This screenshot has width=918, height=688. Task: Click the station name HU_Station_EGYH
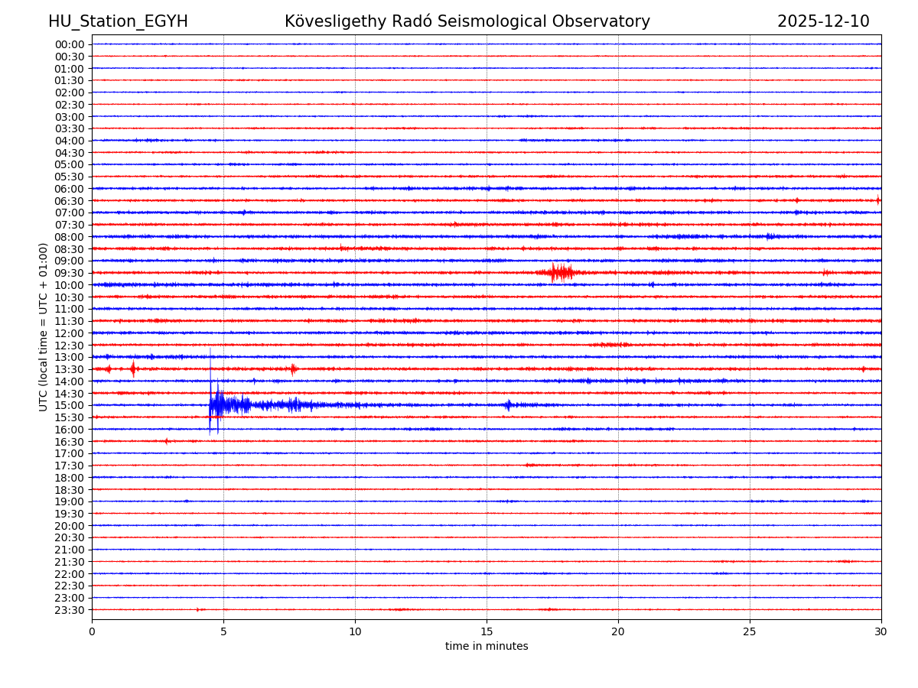(x=118, y=22)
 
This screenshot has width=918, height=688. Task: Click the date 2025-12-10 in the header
(x=823, y=22)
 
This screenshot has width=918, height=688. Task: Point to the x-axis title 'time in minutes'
(x=487, y=647)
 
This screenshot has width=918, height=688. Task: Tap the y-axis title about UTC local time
(x=44, y=327)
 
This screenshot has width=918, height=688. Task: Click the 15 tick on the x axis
(x=487, y=632)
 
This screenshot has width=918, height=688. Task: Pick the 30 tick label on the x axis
(x=881, y=632)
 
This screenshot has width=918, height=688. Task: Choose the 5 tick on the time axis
(x=223, y=632)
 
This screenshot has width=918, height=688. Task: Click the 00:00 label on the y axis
(x=70, y=44)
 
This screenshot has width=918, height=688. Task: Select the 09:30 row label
(x=70, y=273)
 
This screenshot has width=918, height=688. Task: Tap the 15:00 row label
(x=70, y=405)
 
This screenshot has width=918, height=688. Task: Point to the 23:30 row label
(x=70, y=610)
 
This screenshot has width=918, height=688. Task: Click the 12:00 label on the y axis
(x=70, y=333)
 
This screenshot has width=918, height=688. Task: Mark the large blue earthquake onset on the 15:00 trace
(x=211, y=404)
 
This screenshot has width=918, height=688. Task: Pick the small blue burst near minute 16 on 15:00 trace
(x=508, y=405)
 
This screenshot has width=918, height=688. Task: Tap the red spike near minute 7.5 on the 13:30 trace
(x=293, y=369)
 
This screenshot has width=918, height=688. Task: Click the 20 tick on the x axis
(x=618, y=632)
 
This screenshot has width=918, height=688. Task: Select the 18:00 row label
(x=70, y=478)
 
